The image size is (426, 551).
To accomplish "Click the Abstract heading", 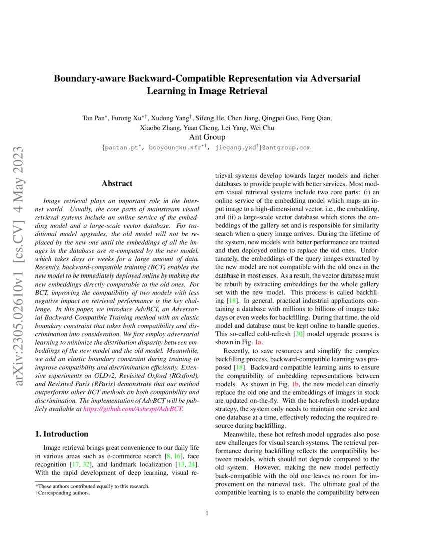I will pos(117,184).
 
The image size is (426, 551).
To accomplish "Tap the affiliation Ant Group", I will pos(206,137).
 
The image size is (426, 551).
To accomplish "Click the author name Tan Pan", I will pos(94,118).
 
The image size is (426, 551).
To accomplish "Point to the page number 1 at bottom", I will pos(207,513).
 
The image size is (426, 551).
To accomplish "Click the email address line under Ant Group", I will pos(206,148).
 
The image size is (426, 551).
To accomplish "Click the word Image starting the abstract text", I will pos(53,200).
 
